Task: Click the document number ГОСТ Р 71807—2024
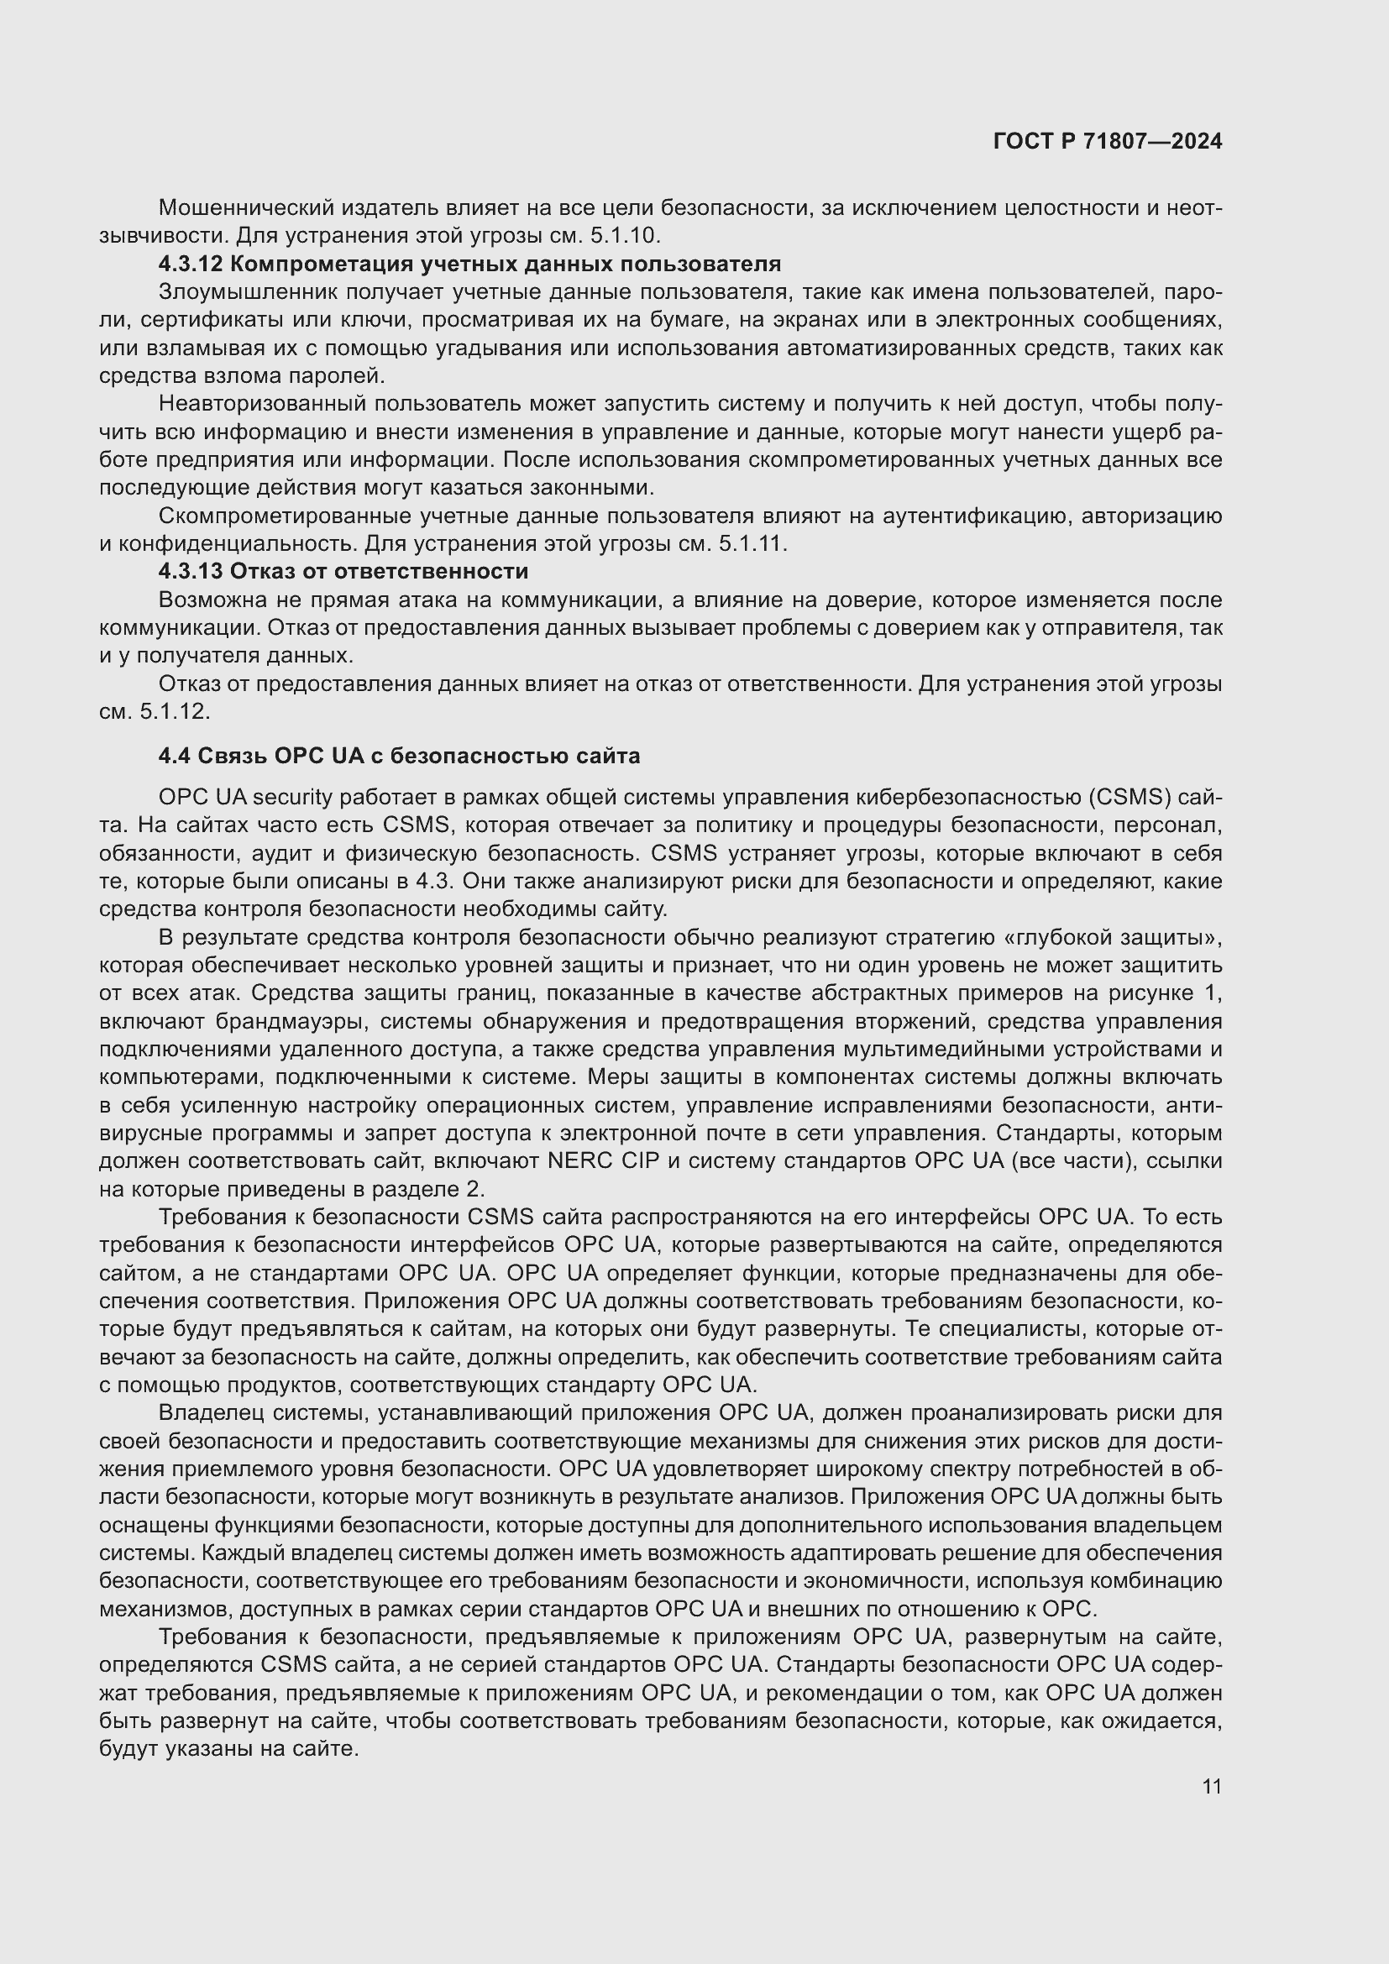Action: tap(1107, 141)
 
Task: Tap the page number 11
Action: tap(1211, 1786)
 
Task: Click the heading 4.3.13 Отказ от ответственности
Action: tap(343, 570)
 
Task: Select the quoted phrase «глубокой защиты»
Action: tap(1113, 938)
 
